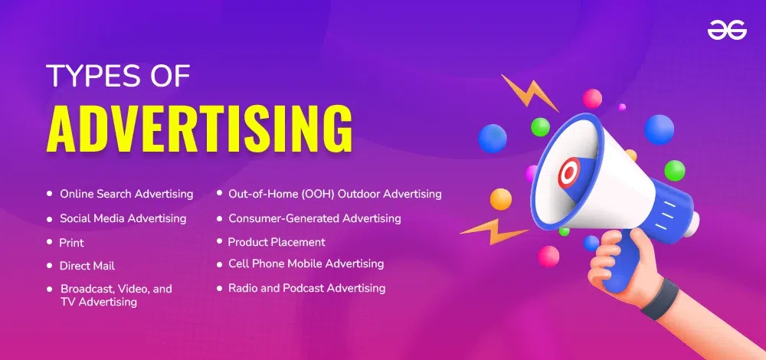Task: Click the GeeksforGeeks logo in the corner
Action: click(727, 31)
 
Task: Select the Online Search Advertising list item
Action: click(126, 194)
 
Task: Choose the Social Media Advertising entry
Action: click(123, 218)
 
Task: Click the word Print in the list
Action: click(72, 242)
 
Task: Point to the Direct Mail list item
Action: click(87, 266)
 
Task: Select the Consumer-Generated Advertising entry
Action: click(315, 218)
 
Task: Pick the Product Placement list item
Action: click(277, 242)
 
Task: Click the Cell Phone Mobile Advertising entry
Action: click(306, 263)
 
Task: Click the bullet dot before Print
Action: click(49, 242)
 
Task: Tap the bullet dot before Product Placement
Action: click(219, 241)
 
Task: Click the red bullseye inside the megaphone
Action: click(569, 173)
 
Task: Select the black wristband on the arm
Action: click(660, 299)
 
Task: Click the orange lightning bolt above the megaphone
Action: click(529, 93)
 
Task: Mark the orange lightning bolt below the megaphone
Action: click(493, 231)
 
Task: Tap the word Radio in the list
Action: click(242, 288)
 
